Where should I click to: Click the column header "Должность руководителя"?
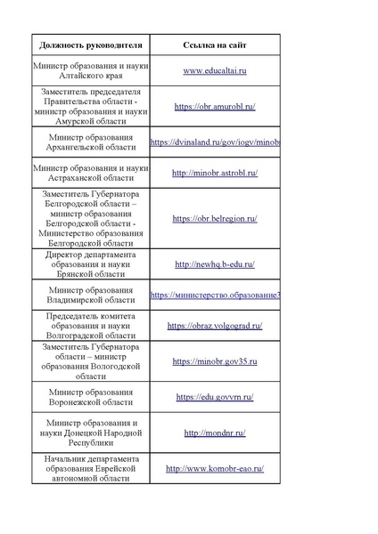pos(89,44)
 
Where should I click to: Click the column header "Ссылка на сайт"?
pos(214,44)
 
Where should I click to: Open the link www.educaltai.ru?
pos(215,69)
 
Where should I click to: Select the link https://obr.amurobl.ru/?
pos(215,106)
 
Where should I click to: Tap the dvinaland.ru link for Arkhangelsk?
pos(215,142)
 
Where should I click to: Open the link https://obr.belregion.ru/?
pos(215,218)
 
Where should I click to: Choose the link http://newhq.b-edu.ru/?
pos(215,264)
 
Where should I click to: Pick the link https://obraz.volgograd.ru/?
pos(215,327)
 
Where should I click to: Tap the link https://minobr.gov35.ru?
pos(215,362)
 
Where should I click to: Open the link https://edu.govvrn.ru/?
pos(215,397)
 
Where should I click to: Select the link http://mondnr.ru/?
pos(215,433)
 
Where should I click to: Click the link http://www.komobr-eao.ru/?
pos(215,468)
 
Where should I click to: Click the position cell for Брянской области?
pos(89,264)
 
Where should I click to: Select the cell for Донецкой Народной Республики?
pos(89,433)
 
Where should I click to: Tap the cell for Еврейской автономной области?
pos(89,468)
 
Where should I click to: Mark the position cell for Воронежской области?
pos(89,397)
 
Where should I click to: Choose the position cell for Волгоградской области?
pos(89,327)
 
